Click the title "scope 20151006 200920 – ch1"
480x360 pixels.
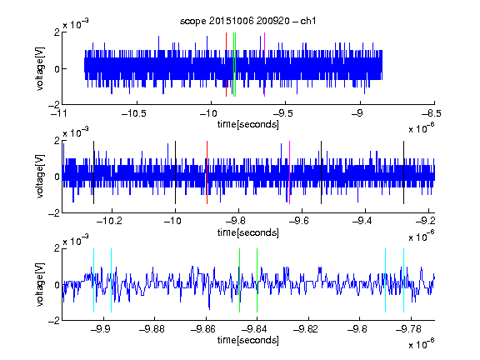click(x=247, y=21)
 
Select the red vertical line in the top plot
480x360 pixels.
click(x=226, y=65)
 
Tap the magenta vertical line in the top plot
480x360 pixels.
click(x=264, y=65)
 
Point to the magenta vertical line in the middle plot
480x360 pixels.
click(x=290, y=172)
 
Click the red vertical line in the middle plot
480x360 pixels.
click(x=207, y=172)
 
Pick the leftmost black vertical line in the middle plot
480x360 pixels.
click(x=93, y=172)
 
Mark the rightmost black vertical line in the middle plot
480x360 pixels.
click(x=403, y=172)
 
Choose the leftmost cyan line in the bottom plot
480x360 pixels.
click(x=93, y=280)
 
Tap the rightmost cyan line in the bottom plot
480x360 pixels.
click(x=403, y=280)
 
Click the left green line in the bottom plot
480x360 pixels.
click(x=239, y=280)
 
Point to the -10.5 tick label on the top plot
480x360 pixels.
click(x=134, y=113)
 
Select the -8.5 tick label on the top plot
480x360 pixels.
click(x=432, y=113)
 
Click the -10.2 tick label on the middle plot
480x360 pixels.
click(x=109, y=221)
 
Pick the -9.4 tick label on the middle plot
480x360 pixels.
click(x=362, y=221)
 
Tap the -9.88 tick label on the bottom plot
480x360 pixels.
click(x=152, y=329)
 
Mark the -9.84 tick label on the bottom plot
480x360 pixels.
click(x=254, y=329)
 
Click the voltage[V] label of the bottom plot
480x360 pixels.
click(x=40, y=284)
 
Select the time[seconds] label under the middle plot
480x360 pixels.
click(x=248, y=233)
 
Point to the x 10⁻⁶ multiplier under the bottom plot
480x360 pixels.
click(x=422, y=344)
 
